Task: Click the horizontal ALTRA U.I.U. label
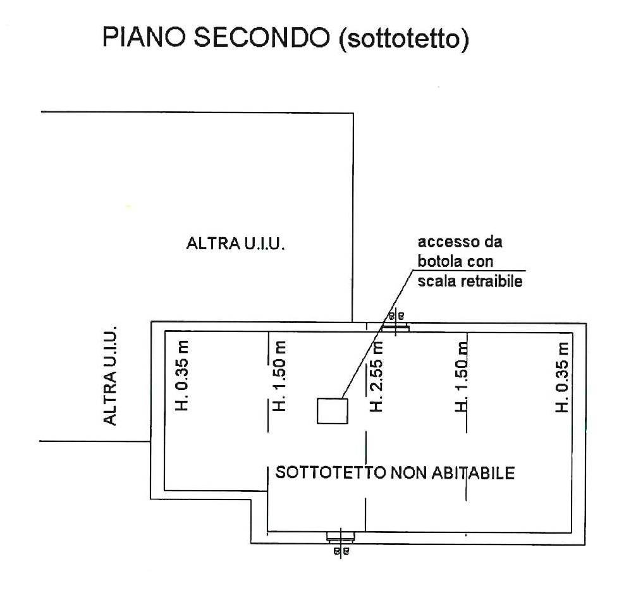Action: tap(235, 243)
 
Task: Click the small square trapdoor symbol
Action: tap(333, 411)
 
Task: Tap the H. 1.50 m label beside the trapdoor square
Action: tap(281, 376)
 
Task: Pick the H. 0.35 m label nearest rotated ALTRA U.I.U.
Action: tap(183, 376)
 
